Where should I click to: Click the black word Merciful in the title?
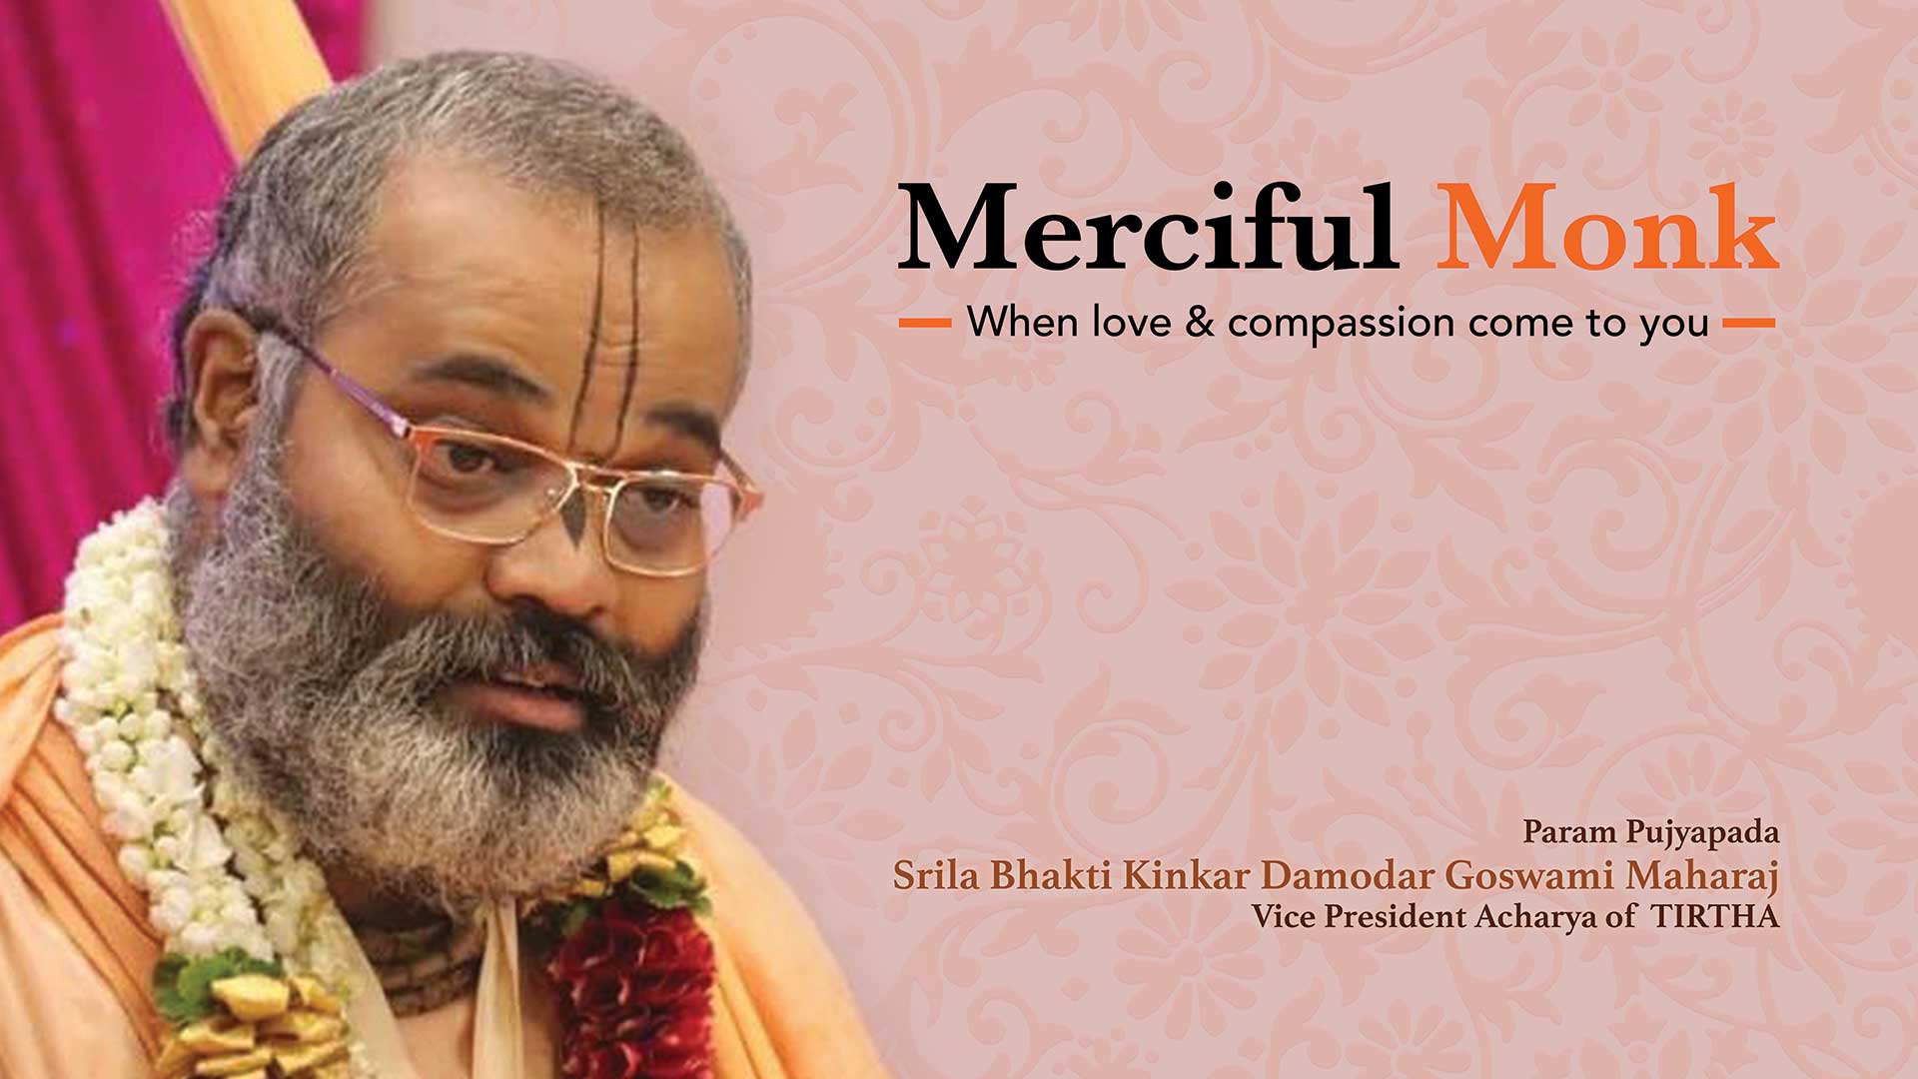(x=1147, y=228)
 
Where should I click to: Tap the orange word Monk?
(x=1607, y=228)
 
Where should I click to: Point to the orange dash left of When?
(x=924, y=323)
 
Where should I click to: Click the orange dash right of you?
(x=1749, y=323)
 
